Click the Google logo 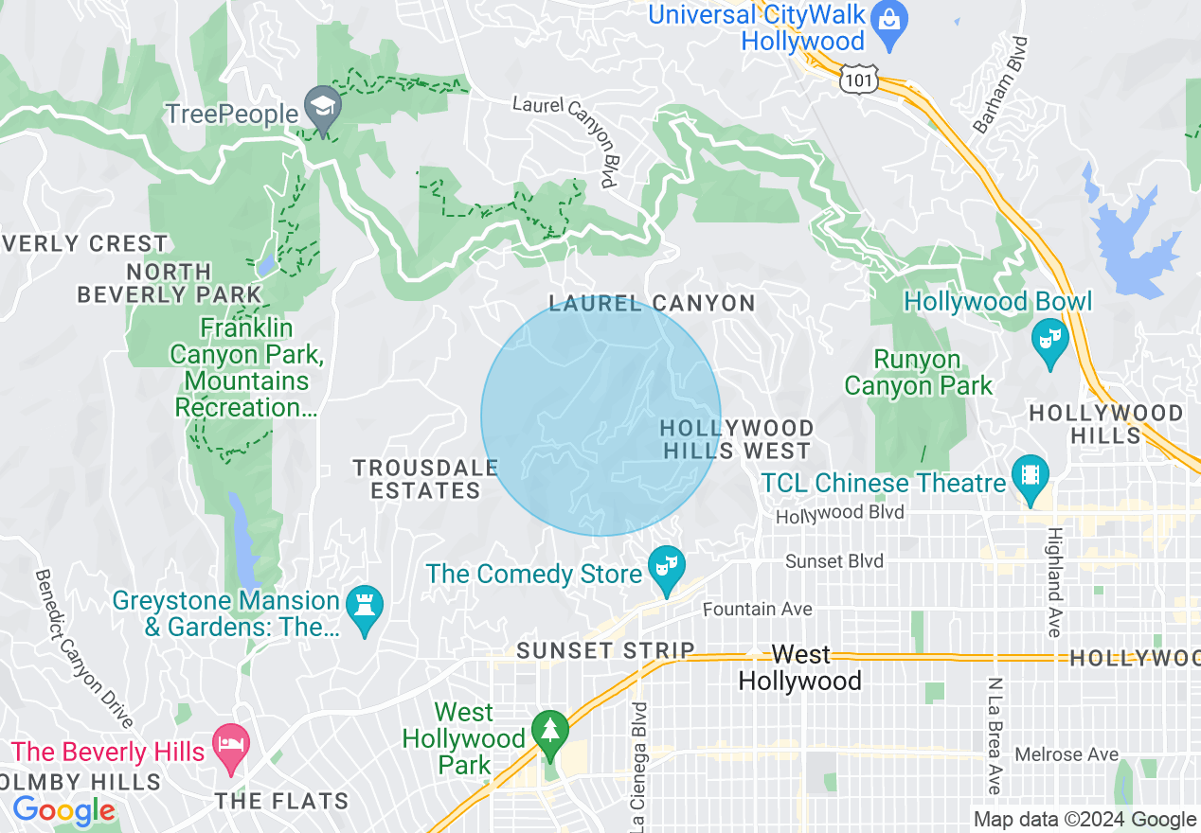tap(63, 810)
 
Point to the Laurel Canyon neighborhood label tap(653, 304)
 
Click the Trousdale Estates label tap(425, 479)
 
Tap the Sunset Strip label tap(605, 651)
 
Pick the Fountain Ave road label tap(757, 610)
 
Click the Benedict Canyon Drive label tap(86, 648)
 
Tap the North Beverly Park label tap(169, 283)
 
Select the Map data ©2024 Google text tap(1085, 819)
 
